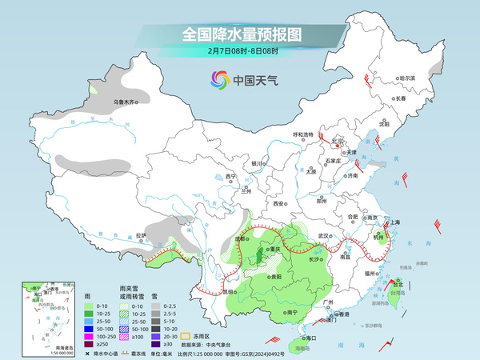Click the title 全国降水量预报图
pyautogui.click(x=240, y=34)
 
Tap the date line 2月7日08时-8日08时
pyautogui.click(x=241, y=51)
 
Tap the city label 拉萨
pyautogui.click(x=141, y=235)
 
